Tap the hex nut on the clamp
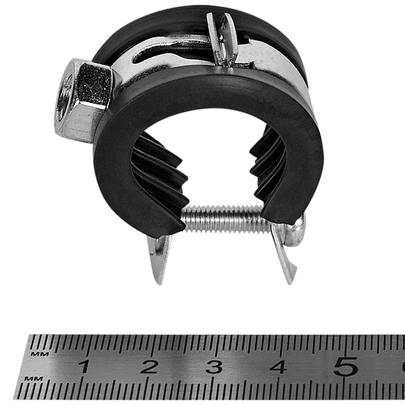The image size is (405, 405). click(x=84, y=98)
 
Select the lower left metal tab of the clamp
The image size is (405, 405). click(x=157, y=260)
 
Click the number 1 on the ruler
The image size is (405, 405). click(x=84, y=367)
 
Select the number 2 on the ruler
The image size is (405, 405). click(x=149, y=367)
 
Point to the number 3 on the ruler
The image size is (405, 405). click(x=214, y=367)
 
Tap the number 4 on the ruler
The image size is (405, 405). click(x=278, y=367)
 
